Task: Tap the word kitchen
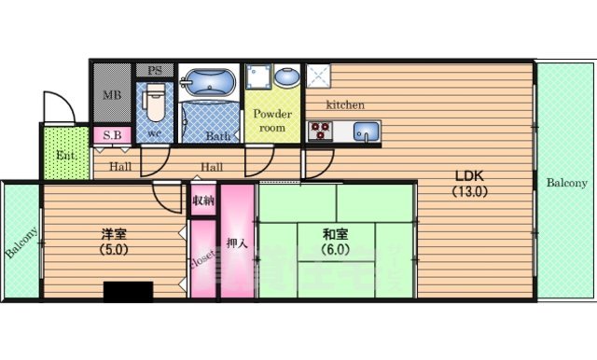[x=344, y=104]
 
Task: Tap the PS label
[x=155, y=68]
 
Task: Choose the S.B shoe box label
[x=112, y=134]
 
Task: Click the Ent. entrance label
[x=65, y=155]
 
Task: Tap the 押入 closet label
[x=237, y=244]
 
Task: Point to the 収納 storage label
[x=202, y=201]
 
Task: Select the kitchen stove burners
[x=320, y=132]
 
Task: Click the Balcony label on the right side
[x=566, y=182]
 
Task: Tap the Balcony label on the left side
[x=21, y=243]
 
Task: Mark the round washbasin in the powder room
[x=286, y=76]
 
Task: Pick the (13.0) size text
[x=466, y=193]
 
